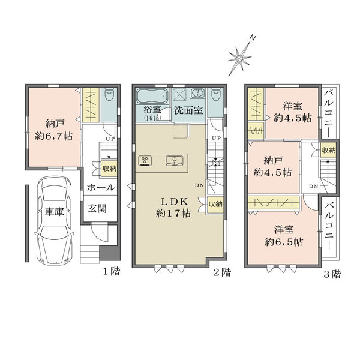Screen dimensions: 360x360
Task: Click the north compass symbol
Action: click(x=241, y=55)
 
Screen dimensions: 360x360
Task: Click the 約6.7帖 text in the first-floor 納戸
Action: click(x=54, y=136)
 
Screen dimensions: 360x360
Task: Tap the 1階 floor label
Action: click(x=111, y=272)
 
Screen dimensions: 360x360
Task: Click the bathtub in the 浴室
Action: click(x=152, y=96)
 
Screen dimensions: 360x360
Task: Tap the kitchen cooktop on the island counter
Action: click(x=146, y=160)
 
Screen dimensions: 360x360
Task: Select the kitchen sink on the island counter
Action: click(x=173, y=160)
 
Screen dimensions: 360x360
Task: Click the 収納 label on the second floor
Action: click(x=215, y=205)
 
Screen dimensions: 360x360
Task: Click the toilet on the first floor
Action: click(x=109, y=96)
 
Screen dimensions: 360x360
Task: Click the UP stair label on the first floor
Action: click(x=109, y=140)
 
